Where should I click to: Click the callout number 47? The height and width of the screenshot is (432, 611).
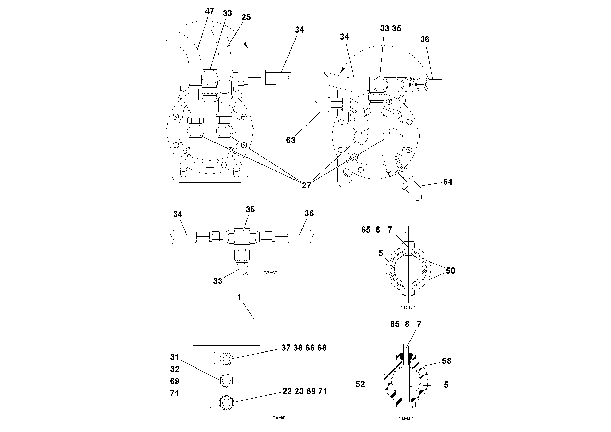[210, 11]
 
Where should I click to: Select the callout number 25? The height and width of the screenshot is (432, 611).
[246, 17]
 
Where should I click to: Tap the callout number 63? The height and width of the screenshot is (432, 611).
[291, 140]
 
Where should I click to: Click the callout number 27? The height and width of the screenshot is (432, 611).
[306, 185]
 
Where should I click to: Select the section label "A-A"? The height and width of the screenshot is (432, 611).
[270, 272]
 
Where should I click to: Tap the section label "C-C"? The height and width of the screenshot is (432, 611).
[408, 308]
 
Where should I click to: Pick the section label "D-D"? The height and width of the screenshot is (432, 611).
[406, 418]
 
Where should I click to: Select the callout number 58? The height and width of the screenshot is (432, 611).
[447, 361]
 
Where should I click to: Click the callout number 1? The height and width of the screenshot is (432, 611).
[239, 297]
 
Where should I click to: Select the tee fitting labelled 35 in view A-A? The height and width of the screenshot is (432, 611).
[242, 236]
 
